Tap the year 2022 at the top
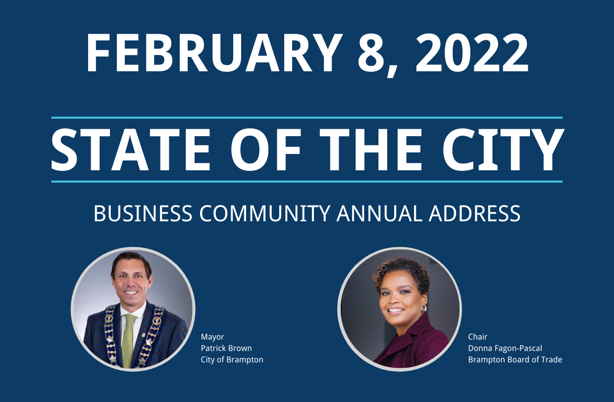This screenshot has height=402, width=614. (471, 53)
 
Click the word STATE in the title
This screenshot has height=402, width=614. (131, 150)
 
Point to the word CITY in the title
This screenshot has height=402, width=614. (503, 150)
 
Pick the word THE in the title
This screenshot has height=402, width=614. (371, 150)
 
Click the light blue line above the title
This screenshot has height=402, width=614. (307, 118)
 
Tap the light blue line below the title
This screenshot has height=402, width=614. (307, 181)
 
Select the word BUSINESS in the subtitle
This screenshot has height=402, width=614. (143, 213)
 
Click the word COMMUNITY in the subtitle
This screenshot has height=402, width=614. (264, 213)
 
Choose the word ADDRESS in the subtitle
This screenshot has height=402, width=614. (474, 213)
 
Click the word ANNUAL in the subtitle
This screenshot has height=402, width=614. (380, 213)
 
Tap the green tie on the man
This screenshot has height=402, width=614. (129, 340)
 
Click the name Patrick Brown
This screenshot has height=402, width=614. (226, 349)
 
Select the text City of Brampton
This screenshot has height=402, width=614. (232, 360)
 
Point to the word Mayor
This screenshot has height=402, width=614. (212, 337)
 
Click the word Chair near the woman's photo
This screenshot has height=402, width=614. (477, 337)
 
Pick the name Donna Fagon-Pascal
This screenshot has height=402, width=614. (505, 349)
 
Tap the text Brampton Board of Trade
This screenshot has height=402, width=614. (515, 360)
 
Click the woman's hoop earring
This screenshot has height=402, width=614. (424, 308)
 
